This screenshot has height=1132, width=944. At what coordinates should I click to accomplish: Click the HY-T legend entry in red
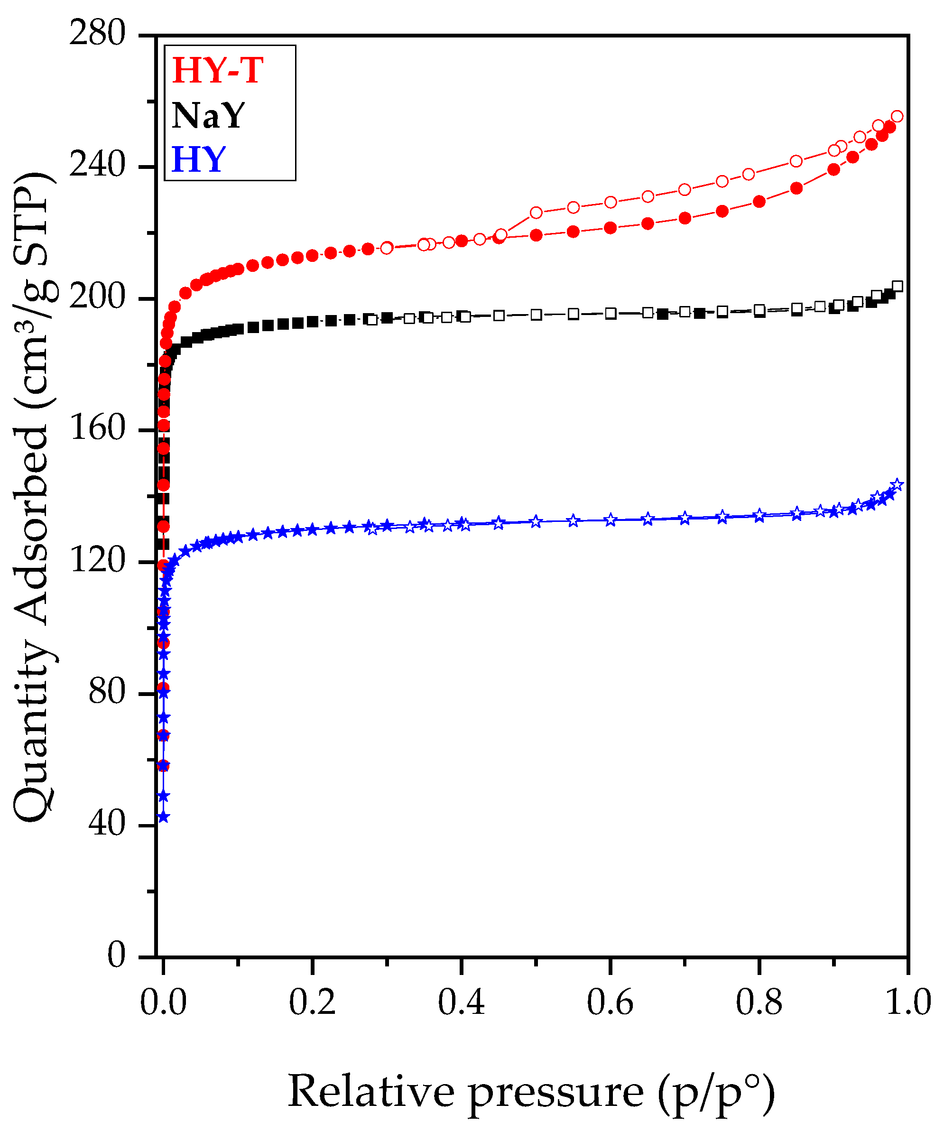(217, 70)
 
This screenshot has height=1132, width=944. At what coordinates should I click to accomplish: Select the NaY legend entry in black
(208, 115)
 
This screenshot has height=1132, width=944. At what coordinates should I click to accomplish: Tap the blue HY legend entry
(198, 159)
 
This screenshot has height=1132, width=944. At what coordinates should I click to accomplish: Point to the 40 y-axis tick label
(106, 824)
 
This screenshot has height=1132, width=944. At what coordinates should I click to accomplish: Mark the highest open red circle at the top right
(897, 116)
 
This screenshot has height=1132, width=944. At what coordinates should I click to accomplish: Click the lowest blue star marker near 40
(163, 817)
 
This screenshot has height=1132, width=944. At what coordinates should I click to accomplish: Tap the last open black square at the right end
(898, 286)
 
